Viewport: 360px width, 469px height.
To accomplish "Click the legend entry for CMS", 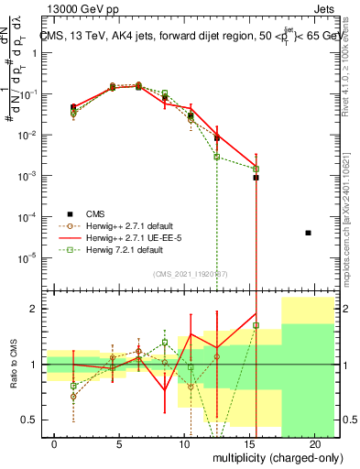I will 95,214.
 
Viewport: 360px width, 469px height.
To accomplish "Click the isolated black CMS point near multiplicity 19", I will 308,233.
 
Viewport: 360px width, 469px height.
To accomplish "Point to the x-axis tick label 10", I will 184,442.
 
